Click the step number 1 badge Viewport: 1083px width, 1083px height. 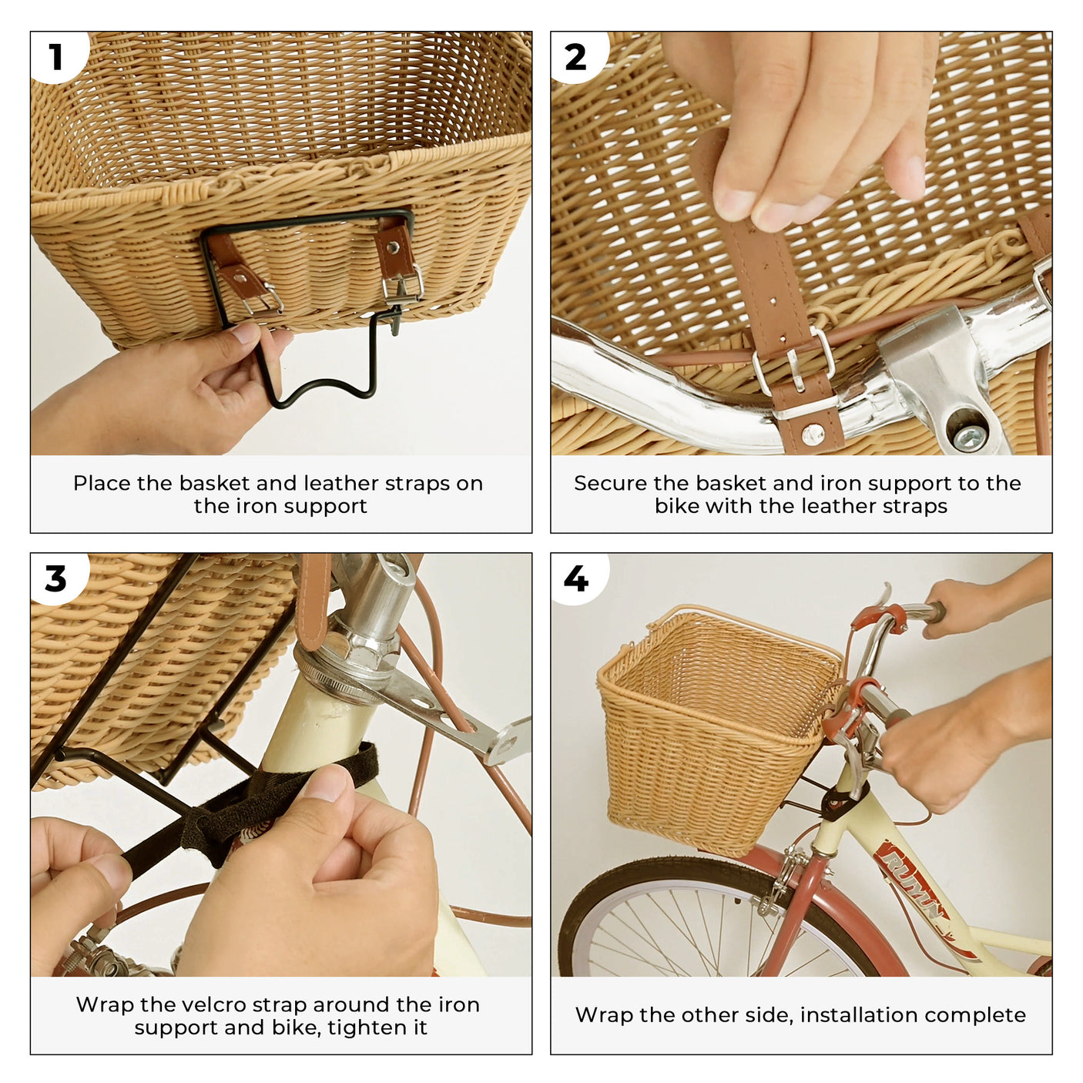point(55,57)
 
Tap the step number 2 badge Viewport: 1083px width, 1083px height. point(575,57)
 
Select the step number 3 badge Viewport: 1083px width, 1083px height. point(55,578)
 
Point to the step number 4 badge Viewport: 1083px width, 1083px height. point(575,578)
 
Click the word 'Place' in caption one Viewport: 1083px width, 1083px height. point(102,483)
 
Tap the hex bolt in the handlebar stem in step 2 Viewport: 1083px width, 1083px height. point(968,436)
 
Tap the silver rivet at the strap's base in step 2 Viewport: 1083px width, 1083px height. point(812,435)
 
